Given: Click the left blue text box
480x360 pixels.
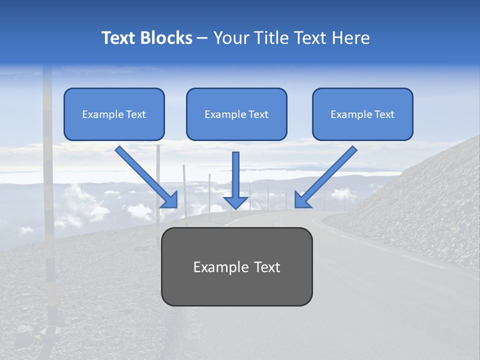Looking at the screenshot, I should [114, 114].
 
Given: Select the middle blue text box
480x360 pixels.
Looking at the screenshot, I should [236, 114].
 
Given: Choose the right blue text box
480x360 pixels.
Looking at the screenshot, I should [362, 114].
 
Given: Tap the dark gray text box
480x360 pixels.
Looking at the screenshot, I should [236, 266].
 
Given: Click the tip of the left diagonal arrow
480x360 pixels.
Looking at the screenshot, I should [176, 206].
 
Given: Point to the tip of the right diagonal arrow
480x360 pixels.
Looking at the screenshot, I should [296, 206].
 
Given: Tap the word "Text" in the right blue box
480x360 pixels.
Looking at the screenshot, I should [384, 114].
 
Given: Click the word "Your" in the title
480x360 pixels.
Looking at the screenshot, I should [232, 38].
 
